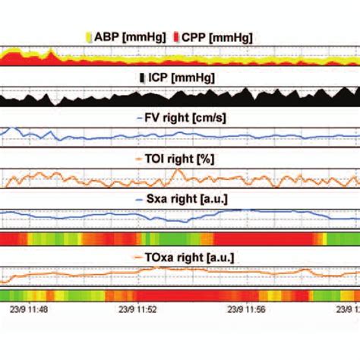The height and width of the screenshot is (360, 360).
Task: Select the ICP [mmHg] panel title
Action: (182, 78)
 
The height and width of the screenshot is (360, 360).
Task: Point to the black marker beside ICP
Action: (143, 78)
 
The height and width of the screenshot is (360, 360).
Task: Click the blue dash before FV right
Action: (138, 118)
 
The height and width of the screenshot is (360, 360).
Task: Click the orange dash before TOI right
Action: (139, 159)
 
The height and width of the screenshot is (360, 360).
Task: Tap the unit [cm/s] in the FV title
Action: (210, 118)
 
